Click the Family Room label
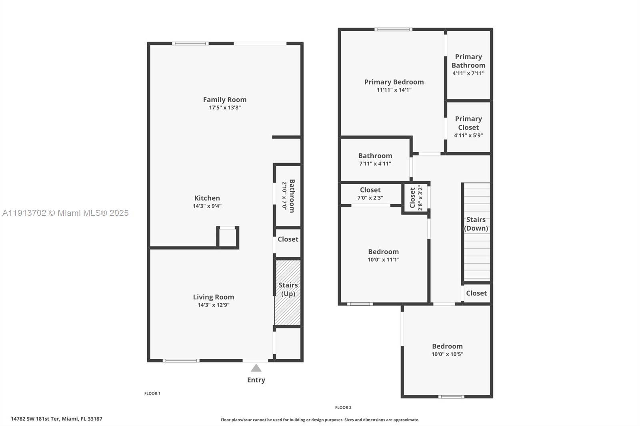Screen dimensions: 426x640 [224, 100]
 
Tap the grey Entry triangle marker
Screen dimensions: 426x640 [256, 368]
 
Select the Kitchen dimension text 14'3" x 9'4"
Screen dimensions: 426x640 [207, 206]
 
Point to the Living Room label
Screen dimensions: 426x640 [213, 297]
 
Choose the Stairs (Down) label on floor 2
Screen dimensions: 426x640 [476, 224]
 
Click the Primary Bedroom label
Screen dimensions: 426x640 [394, 82]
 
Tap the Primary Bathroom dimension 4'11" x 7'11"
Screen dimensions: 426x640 [468, 73]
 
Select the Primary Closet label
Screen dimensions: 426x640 [468, 123]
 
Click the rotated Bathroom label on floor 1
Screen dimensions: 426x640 [292, 196]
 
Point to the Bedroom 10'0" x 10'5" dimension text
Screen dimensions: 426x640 [447, 354]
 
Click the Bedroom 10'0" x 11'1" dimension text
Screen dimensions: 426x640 [383, 260]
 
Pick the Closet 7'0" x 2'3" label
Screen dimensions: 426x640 [370, 190]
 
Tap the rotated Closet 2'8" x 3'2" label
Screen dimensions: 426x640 [412, 198]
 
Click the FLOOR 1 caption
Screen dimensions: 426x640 [152, 393]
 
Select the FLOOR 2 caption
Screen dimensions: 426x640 [343, 408]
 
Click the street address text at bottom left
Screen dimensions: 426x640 [56, 419]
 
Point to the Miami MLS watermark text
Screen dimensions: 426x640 [65, 213]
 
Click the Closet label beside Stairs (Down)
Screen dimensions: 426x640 [476, 293]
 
